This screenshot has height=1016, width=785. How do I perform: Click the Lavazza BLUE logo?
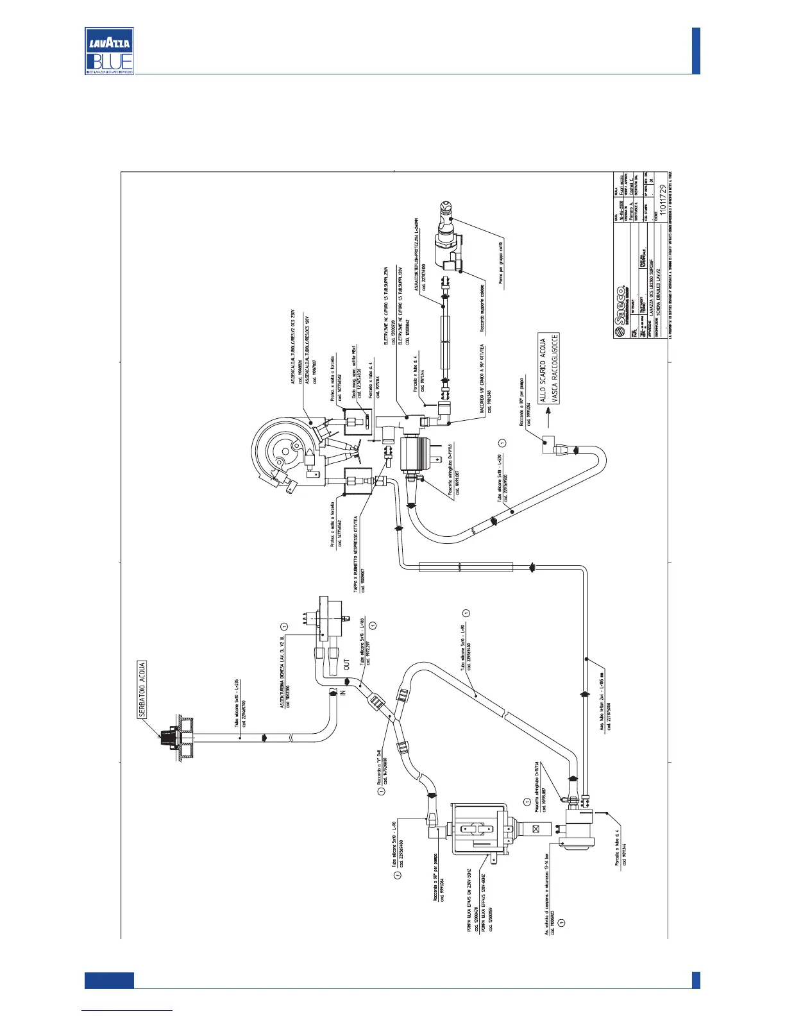109,51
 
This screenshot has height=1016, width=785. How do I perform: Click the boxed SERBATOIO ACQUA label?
142,690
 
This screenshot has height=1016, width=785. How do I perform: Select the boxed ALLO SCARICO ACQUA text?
543,371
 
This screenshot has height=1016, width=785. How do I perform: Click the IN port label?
342,693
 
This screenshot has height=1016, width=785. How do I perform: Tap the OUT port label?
346,665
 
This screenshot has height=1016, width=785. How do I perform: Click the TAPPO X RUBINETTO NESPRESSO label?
356,552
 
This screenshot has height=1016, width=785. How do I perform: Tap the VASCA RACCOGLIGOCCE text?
555,368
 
